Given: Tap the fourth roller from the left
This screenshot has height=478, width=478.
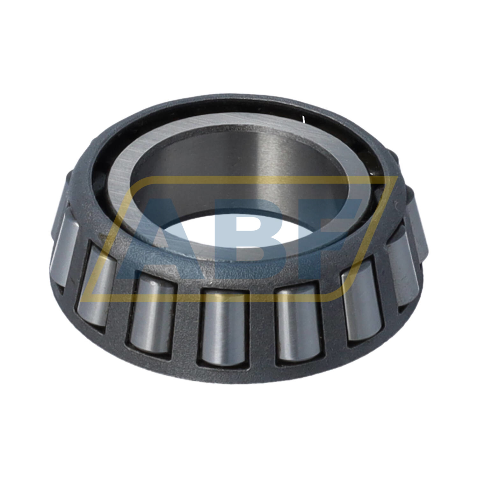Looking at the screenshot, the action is click(x=222, y=327).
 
